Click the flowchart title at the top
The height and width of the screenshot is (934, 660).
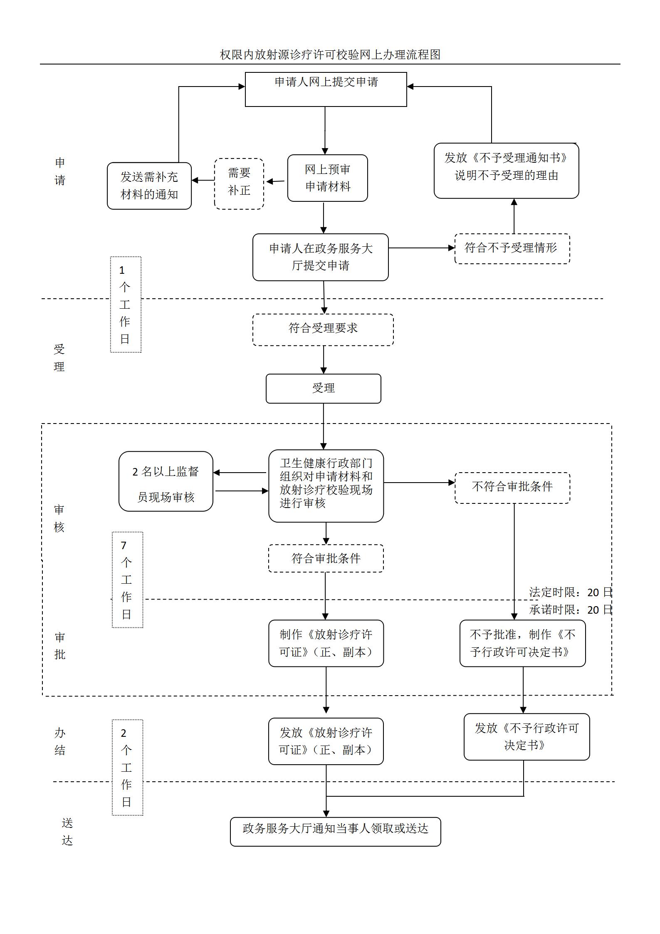click(x=330, y=55)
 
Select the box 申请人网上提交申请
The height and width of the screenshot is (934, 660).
click(x=326, y=89)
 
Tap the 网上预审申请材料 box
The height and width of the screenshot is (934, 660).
click(x=327, y=178)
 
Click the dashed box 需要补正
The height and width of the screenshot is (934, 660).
click(x=239, y=183)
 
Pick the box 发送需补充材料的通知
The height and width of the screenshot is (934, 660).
click(x=149, y=186)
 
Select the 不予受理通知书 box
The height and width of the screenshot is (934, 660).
click(x=506, y=171)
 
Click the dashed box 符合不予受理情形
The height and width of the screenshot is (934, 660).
click(x=512, y=248)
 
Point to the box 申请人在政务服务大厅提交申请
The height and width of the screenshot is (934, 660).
click(x=320, y=257)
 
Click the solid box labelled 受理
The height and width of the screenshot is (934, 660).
click(x=323, y=389)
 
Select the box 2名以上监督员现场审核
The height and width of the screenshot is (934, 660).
click(x=166, y=481)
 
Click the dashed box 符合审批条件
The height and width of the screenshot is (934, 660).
click(x=326, y=558)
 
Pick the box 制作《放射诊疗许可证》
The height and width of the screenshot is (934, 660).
click(x=326, y=643)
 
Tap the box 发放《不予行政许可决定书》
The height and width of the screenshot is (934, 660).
click(x=527, y=737)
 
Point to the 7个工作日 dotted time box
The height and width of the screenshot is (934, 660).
click(x=127, y=580)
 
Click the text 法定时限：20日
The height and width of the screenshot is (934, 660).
click(x=570, y=592)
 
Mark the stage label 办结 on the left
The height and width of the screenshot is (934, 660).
click(x=60, y=741)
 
